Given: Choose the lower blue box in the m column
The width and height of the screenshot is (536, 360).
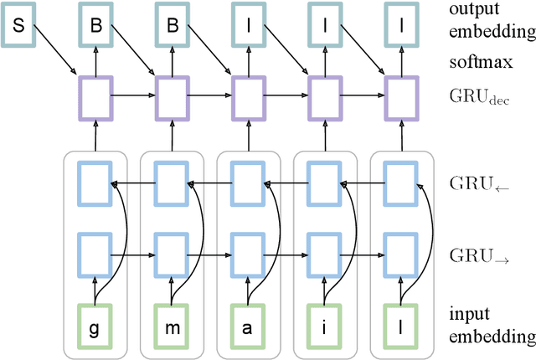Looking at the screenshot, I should click(x=171, y=252).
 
